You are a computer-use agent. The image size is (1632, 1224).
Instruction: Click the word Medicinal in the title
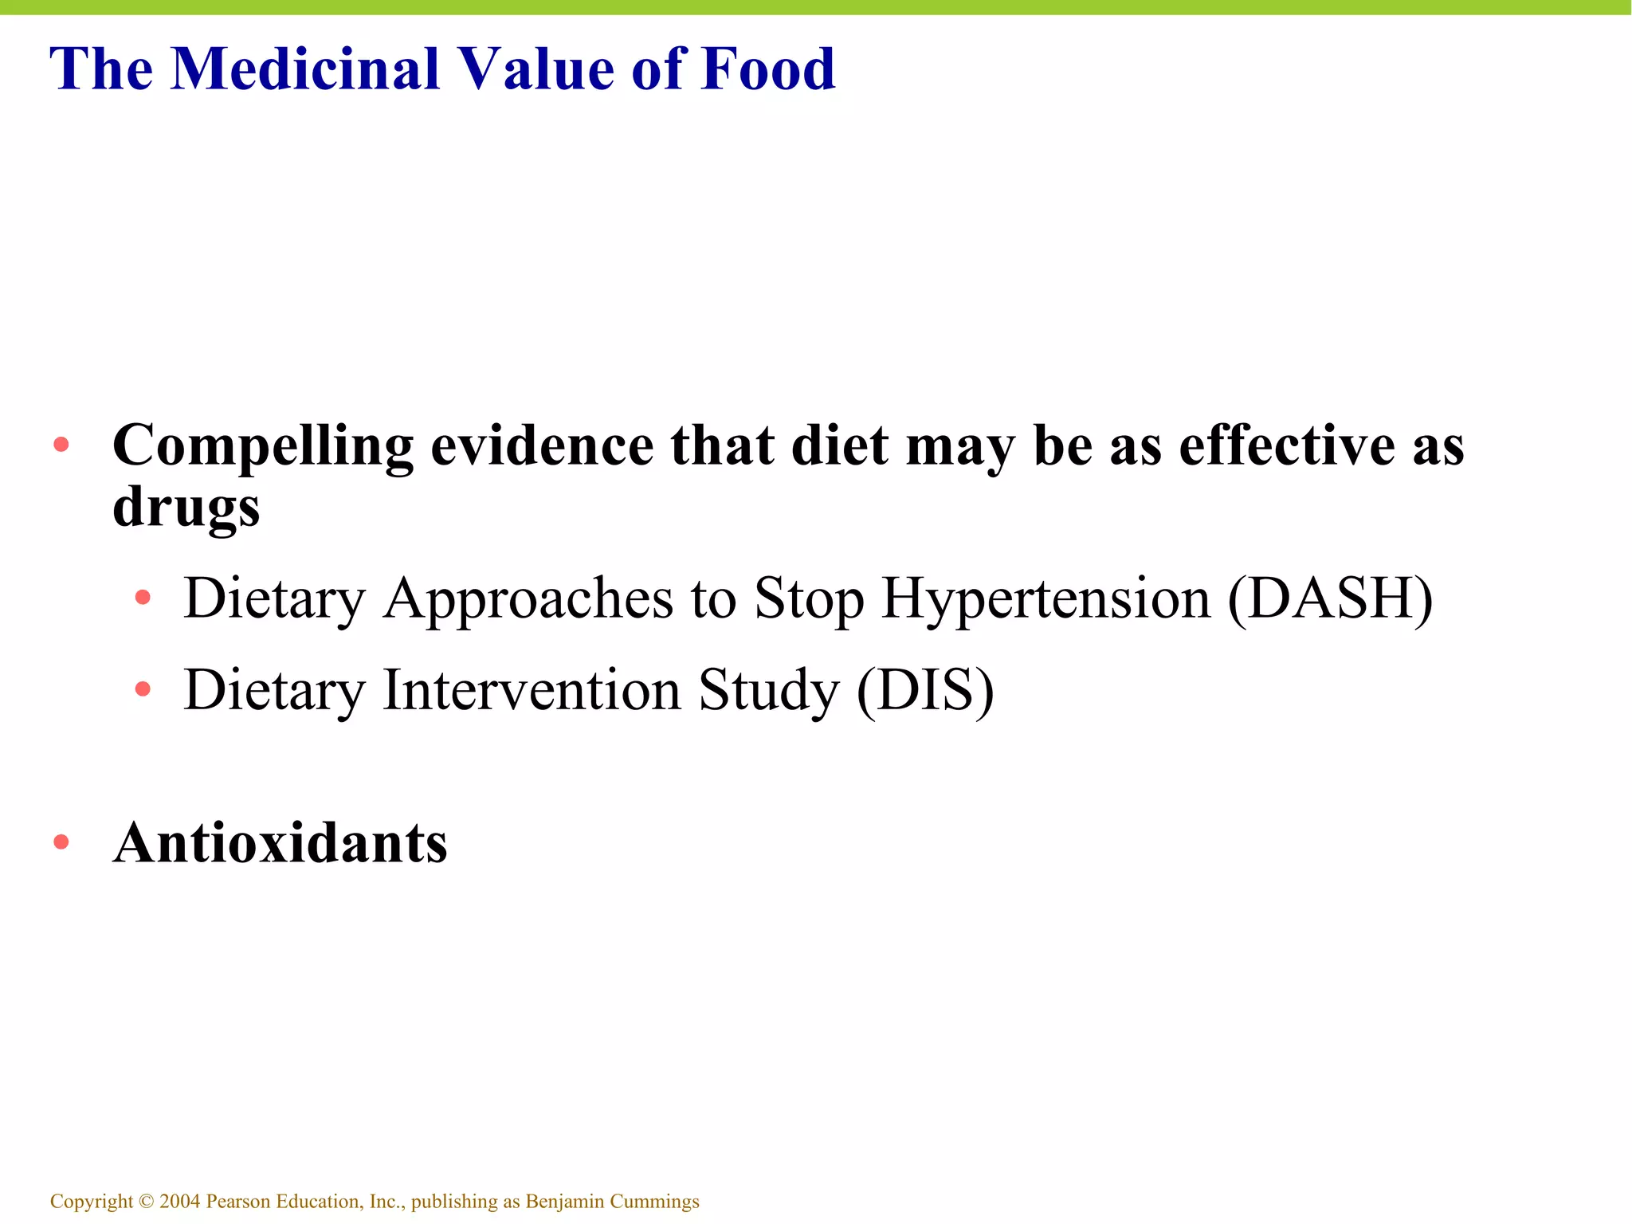click(x=305, y=69)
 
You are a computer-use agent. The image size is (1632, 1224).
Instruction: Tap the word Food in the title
click(x=768, y=69)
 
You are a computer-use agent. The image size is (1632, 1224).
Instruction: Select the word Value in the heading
click(x=534, y=69)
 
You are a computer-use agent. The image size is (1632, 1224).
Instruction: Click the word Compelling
click(x=263, y=446)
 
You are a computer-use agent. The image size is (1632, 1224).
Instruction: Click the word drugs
click(x=186, y=508)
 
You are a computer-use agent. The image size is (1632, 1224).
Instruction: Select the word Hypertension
click(x=1045, y=599)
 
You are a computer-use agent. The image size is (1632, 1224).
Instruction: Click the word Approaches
click(x=528, y=599)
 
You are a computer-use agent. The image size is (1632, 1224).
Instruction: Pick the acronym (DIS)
click(x=925, y=690)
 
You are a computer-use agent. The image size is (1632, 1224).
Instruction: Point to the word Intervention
click(x=532, y=690)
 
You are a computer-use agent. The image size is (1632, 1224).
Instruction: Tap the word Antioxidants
click(x=280, y=843)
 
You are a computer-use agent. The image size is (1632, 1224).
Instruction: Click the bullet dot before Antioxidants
click(x=61, y=841)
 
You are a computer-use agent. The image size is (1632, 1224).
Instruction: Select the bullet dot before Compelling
click(x=61, y=444)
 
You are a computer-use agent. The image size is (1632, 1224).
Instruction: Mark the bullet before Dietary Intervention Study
click(x=143, y=688)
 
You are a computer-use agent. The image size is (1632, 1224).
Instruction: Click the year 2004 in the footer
click(x=179, y=1201)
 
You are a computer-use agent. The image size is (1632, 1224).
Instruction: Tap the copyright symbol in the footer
click(x=146, y=1201)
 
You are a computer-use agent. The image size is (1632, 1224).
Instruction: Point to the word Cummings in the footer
click(x=654, y=1202)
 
